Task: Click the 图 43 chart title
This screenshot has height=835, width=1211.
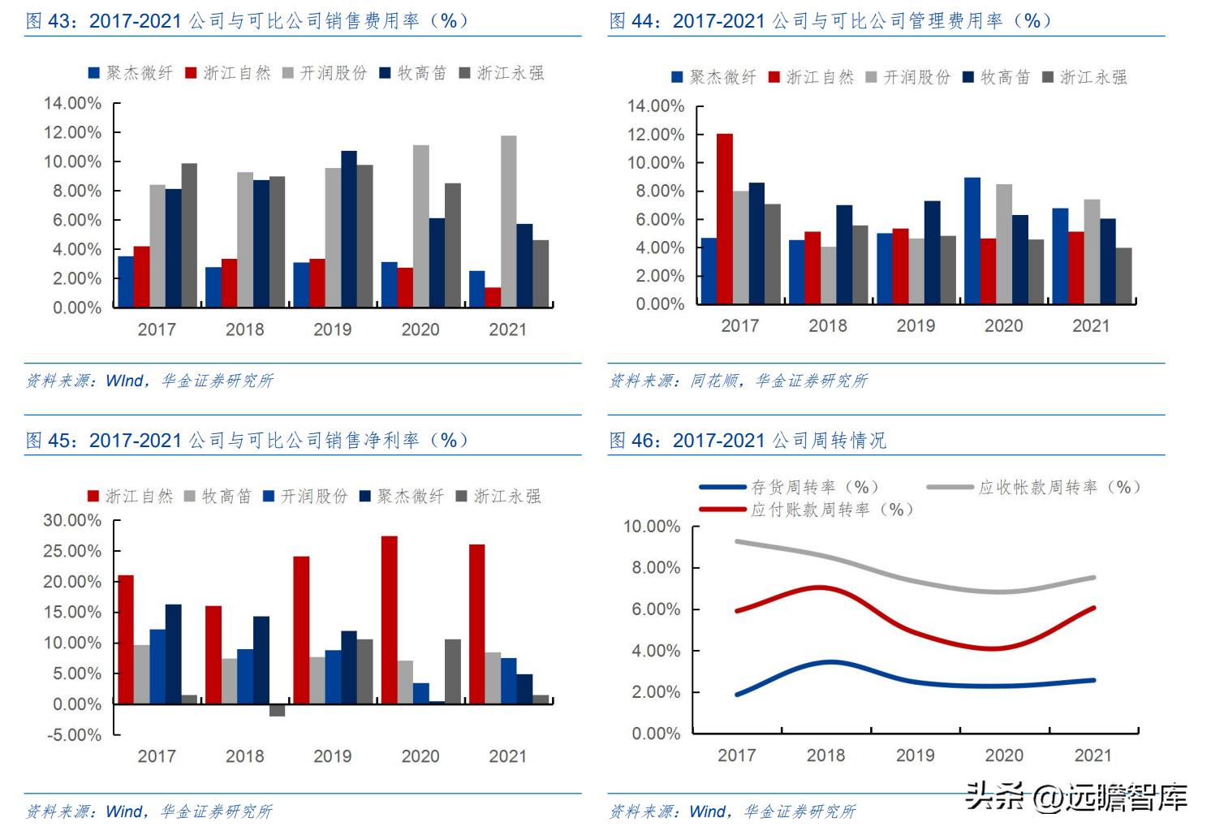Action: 248,21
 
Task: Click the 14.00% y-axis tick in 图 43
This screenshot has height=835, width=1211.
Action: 72,103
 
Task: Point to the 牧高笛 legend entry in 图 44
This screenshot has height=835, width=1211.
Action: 996,77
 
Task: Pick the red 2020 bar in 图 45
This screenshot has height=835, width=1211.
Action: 389,619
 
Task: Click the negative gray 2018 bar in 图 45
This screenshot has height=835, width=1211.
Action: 277,710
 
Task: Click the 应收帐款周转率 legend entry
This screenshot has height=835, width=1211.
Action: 1035,487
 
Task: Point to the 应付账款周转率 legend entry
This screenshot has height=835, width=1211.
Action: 808,510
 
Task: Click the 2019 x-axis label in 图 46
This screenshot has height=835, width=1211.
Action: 915,755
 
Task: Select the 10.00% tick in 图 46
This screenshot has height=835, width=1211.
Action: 651,527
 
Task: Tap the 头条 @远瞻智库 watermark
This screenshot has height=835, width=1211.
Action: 1075,797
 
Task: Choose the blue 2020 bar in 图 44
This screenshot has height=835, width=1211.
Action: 972,240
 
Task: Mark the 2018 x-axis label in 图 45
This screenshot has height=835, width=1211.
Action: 244,756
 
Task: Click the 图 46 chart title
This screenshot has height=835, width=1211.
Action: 748,441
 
